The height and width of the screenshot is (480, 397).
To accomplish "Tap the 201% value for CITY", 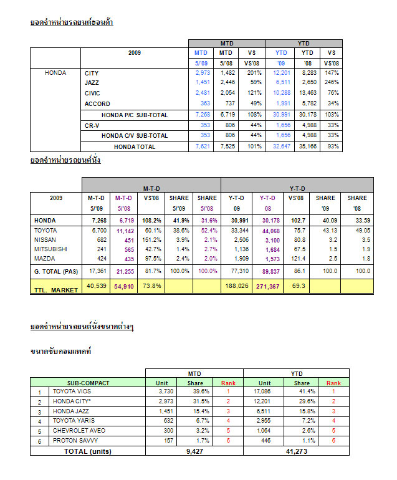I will pyautogui.click(x=252, y=74).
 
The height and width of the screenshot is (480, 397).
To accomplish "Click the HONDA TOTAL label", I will pyautogui.click(x=134, y=146).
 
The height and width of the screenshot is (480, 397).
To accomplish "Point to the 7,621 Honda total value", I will pyautogui.click(x=203, y=146).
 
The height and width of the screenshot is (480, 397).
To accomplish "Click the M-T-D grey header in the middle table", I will pyautogui.click(x=151, y=185).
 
